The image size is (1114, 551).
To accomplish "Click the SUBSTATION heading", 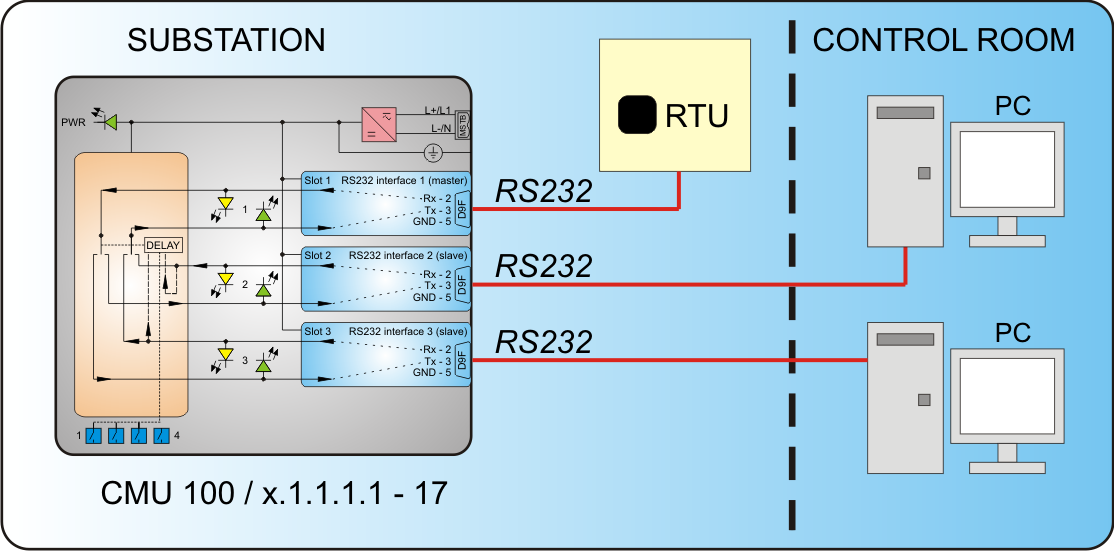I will click(226, 40).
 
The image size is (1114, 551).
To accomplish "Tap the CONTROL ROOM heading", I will click(943, 40).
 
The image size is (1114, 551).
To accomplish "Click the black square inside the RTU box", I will click(637, 115).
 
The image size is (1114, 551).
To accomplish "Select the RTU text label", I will click(697, 116).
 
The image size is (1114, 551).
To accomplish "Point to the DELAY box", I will click(163, 245).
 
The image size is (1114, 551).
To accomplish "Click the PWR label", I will click(73, 122).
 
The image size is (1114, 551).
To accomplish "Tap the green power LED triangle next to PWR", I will click(110, 121).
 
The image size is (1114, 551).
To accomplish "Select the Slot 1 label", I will click(317, 181).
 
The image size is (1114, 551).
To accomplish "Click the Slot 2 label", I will click(317, 256).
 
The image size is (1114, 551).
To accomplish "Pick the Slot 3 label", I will click(317, 331).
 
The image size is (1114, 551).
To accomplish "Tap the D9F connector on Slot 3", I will click(462, 360).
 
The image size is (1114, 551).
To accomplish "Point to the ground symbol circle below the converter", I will click(433, 153).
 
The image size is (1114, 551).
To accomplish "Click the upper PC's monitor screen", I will click(1007, 167).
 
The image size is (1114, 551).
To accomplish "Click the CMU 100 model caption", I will click(273, 494).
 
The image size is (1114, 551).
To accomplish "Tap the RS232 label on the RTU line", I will click(544, 192).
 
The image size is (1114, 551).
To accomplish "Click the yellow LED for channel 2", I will click(226, 278).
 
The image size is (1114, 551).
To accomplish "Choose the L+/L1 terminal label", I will click(437, 110).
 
